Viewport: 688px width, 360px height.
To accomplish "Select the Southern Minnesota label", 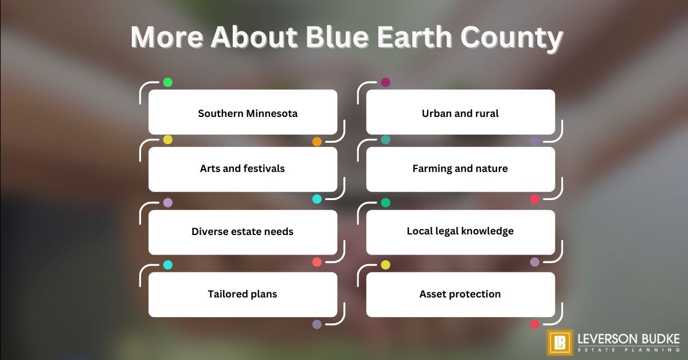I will pyautogui.click(x=248, y=114).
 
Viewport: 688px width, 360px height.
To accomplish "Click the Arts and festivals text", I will pyautogui.click(x=242, y=169).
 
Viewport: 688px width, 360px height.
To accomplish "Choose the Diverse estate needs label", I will pyautogui.click(x=242, y=232).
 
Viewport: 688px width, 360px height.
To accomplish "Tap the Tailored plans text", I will pyautogui.click(x=242, y=294).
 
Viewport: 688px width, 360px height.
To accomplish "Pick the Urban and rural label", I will pyautogui.click(x=460, y=114).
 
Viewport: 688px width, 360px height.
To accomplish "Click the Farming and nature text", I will pyautogui.click(x=460, y=169).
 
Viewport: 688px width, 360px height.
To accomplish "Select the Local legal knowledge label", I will pyautogui.click(x=460, y=231).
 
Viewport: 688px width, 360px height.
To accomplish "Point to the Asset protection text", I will pyautogui.click(x=460, y=294).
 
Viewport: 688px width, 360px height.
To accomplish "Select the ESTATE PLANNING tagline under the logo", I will pyautogui.click(x=629, y=350).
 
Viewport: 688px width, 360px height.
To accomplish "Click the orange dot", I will pyautogui.click(x=316, y=142).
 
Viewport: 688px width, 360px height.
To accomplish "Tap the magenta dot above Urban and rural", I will pyautogui.click(x=385, y=83).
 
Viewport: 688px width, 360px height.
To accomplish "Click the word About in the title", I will pyautogui.click(x=254, y=38).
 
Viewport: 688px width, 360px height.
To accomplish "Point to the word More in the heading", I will pyautogui.click(x=167, y=38).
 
